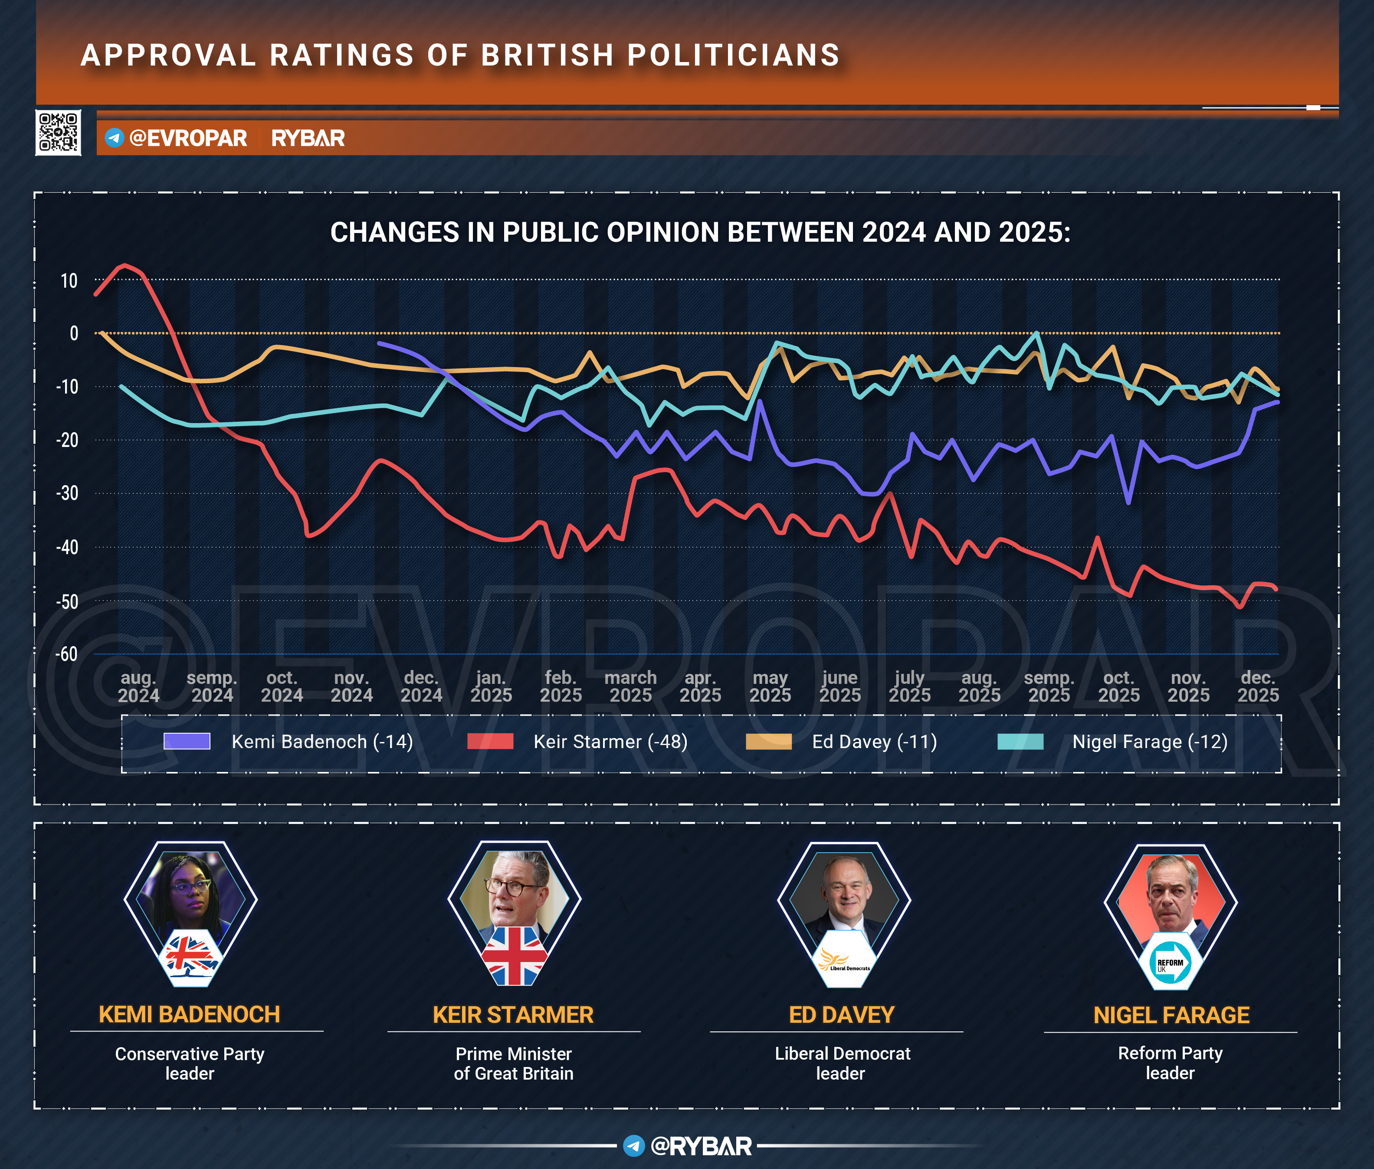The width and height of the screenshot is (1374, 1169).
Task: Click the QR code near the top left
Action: [58, 132]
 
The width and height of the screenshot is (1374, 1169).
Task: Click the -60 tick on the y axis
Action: [66, 654]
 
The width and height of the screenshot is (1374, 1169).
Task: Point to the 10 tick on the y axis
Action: [69, 281]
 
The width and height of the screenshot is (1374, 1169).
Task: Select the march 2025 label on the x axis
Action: [630, 686]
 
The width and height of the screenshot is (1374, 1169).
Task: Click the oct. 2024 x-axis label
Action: [282, 686]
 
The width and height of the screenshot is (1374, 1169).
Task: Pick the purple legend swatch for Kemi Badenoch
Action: [187, 741]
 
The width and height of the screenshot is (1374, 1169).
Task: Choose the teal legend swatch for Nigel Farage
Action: [1020, 741]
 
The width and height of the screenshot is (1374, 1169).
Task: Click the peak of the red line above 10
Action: [125, 266]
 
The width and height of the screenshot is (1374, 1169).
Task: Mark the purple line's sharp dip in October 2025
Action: [1128, 502]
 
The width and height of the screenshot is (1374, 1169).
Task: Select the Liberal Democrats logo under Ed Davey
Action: [844, 959]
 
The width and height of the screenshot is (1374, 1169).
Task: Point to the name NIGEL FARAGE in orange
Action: [1171, 1015]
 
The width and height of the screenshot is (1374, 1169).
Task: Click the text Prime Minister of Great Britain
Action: [513, 1063]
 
